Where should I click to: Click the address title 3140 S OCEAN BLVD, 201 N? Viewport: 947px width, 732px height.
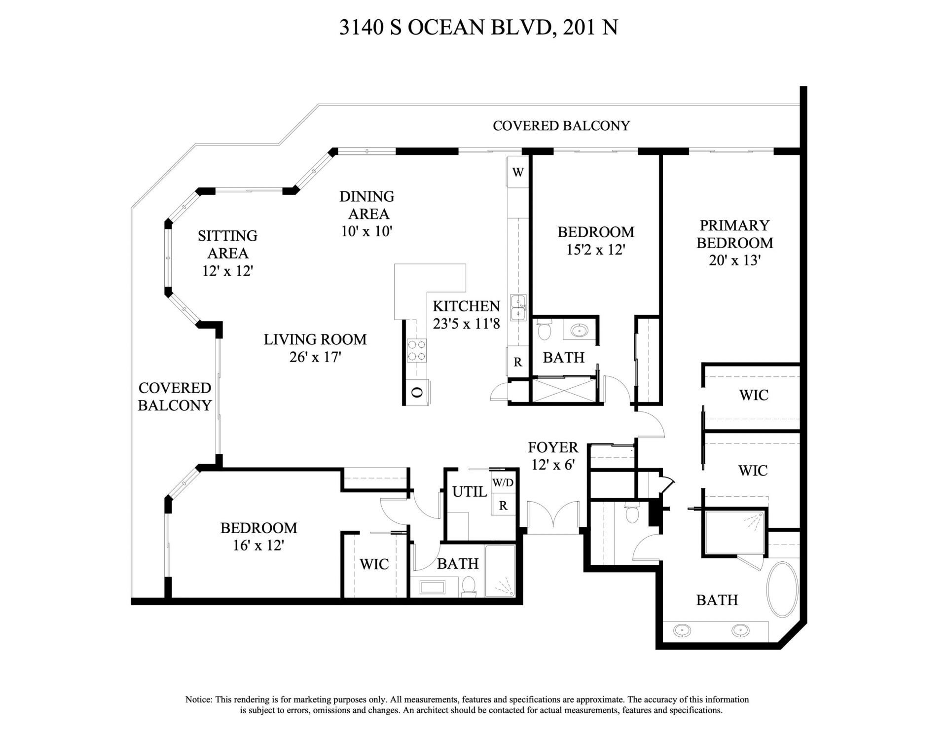tap(478, 28)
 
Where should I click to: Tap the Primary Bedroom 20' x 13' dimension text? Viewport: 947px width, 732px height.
tap(734, 260)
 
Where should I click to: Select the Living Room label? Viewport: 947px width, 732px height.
tap(315, 339)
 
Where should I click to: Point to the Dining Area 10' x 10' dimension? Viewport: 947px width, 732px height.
tap(366, 231)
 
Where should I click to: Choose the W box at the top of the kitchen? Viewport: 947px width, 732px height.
tap(517, 172)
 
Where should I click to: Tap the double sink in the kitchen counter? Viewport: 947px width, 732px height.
tap(518, 307)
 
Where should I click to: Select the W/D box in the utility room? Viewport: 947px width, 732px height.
tap(503, 483)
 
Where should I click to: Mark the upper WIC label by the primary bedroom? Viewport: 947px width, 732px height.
tap(754, 395)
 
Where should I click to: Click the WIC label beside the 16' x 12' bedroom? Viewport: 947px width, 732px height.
tap(374, 564)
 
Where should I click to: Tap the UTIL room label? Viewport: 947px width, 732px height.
tap(470, 491)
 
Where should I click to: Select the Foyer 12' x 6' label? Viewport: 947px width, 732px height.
tap(553, 456)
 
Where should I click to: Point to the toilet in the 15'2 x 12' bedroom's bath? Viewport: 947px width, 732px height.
tap(544, 330)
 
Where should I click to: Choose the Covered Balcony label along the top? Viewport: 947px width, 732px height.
tap(561, 126)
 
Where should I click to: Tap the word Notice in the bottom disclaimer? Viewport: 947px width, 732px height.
tap(199, 699)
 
